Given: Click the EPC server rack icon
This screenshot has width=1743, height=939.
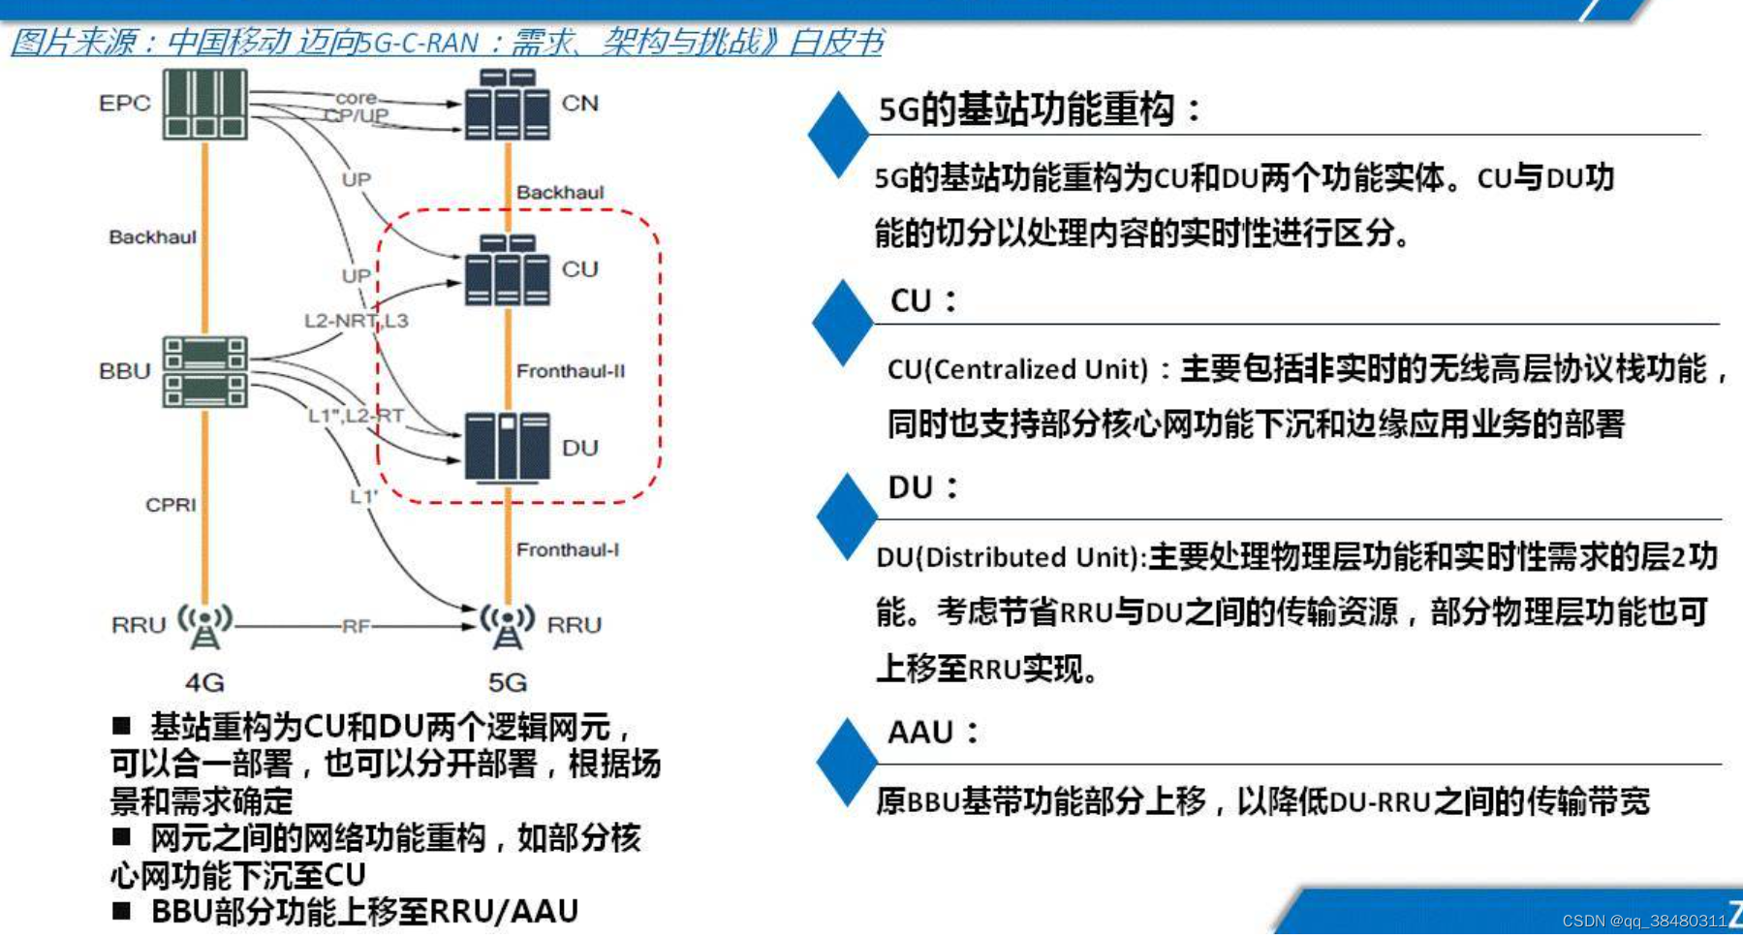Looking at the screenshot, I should coord(204,104).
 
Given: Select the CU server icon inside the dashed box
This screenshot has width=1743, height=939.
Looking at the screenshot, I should coord(507,270).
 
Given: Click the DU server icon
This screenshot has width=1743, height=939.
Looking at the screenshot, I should coord(507,447).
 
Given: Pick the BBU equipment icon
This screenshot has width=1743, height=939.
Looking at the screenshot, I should coord(204,372).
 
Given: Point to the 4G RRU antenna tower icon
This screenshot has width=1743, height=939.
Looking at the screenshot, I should coord(204,626).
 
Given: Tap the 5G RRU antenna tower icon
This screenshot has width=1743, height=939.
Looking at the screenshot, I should coord(507,626).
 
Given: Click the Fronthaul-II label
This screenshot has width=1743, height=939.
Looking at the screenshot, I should coord(570,371).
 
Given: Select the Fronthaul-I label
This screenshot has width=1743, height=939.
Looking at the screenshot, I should coord(567,549).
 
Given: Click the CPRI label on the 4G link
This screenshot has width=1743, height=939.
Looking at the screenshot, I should coord(171,505).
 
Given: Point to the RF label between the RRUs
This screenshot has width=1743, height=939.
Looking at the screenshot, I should coord(356,626).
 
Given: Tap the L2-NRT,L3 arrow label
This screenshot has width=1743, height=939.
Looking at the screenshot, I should coord(356,321).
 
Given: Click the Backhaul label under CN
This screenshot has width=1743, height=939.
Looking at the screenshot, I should coord(559,192).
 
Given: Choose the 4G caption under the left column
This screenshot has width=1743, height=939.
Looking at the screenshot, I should coord(204,682).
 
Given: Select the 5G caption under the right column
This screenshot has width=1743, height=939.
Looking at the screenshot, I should coord(507,682).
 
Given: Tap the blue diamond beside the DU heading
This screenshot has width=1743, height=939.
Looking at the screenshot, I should coord(846,516).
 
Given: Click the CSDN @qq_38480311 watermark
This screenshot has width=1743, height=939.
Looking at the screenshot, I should coord(1643,921).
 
